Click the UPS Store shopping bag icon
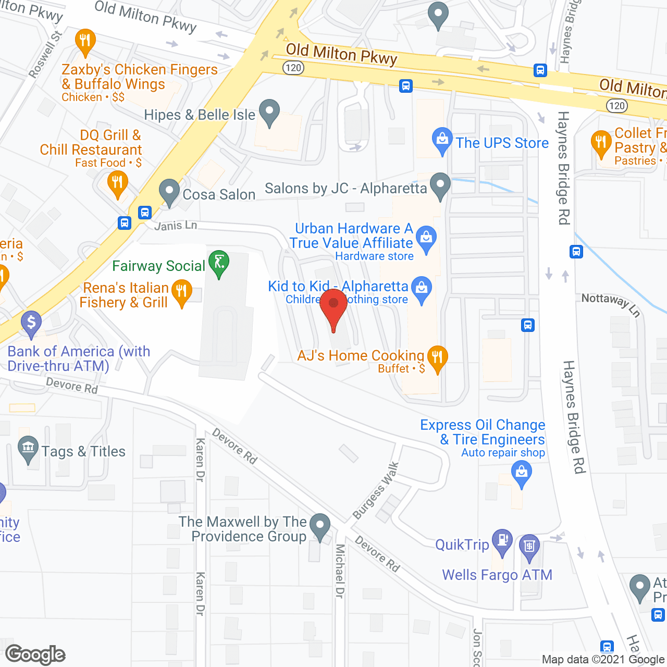point(442,139)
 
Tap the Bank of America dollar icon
point(31,323)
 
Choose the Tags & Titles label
point(83,451)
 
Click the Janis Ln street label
point(176,226)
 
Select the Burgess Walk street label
point(376,491)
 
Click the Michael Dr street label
point(340,571)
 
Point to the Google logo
point(35,654)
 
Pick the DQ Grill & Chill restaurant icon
point(117,183)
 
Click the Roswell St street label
point(46,55)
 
